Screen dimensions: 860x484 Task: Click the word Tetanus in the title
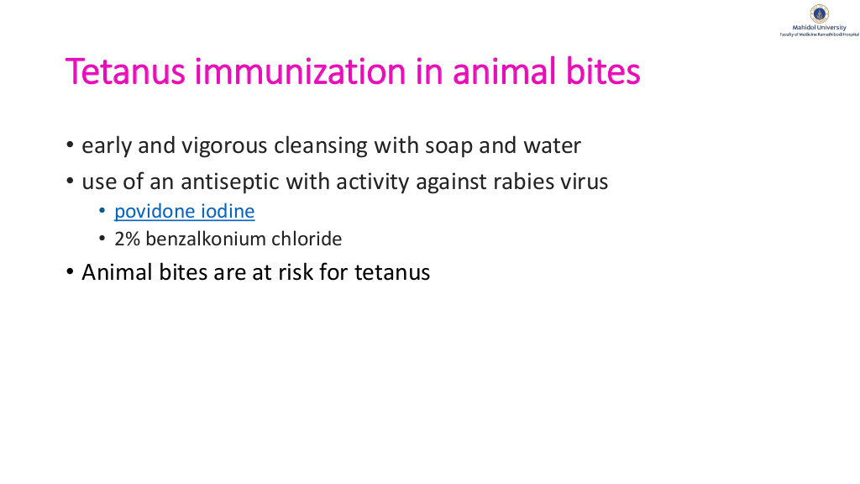tap(125, 71)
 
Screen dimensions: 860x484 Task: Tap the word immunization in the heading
tap(301, 71)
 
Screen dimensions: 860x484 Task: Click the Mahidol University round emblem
tap(820, 13)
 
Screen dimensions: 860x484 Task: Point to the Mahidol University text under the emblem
tap(820, 28)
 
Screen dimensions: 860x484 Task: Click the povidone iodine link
tap(184, 211)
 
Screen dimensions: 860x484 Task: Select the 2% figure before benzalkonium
tap(128, 239)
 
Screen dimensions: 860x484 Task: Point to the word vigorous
tap(225, 146)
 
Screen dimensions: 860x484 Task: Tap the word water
tap(553, 146)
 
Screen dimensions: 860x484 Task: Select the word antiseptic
tap(230, 182)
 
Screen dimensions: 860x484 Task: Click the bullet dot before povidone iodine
tap(102, 211)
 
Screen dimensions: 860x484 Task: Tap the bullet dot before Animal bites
tap(70, 271)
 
